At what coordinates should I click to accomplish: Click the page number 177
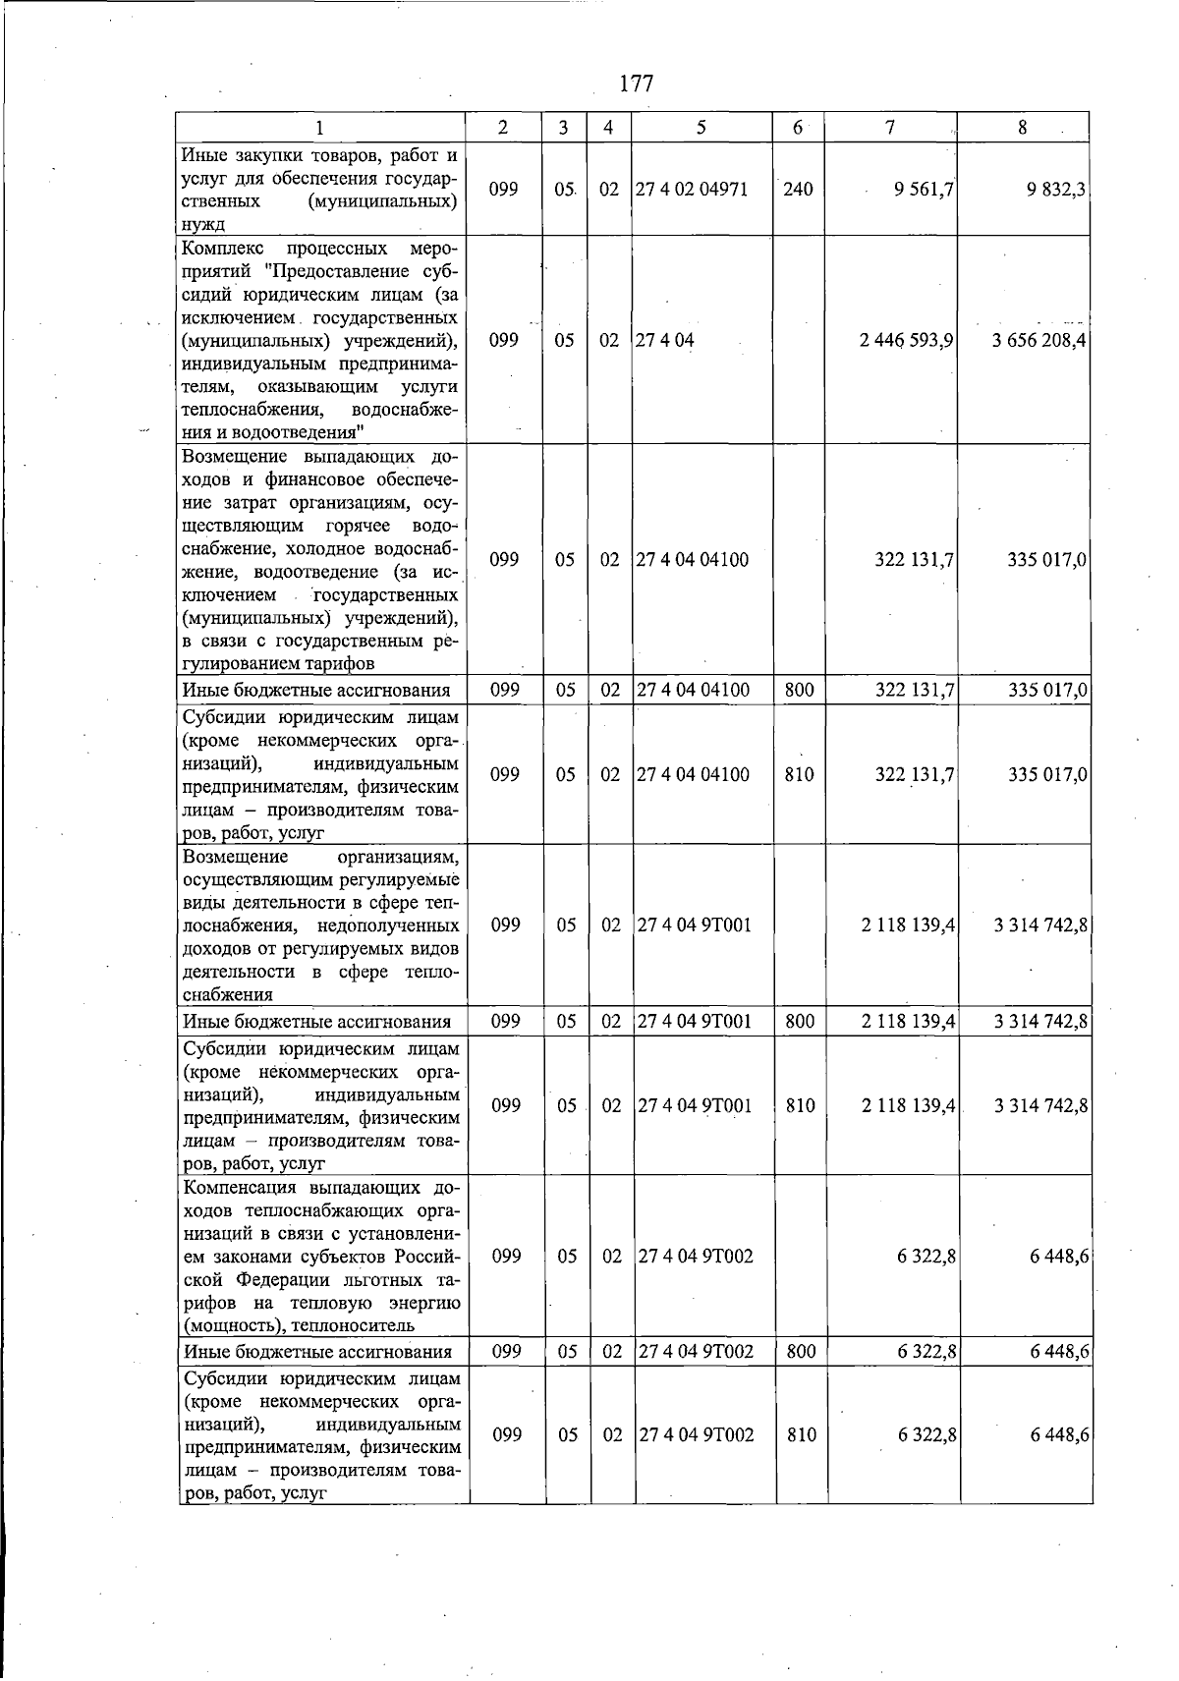coord(637,84)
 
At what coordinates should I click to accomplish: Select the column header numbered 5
coord(702,127)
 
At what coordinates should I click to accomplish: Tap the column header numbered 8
coord(1023,127)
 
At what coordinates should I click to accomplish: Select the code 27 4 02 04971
coord(692,190)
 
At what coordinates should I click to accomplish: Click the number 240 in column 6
coord(798,190)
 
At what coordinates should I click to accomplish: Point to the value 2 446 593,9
coord(906,341)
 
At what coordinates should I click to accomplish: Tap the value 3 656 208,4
coord(1039,341)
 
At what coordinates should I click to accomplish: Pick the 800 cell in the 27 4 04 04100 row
coord(800,691)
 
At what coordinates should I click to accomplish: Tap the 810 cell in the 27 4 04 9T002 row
coord(802,1435)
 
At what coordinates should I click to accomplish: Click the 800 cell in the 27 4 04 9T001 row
coord(801,1022)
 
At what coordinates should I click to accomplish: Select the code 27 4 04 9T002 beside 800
coord(697,1352)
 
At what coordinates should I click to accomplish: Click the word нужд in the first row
coord(203,225)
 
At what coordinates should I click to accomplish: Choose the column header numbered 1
coord(320,127)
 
